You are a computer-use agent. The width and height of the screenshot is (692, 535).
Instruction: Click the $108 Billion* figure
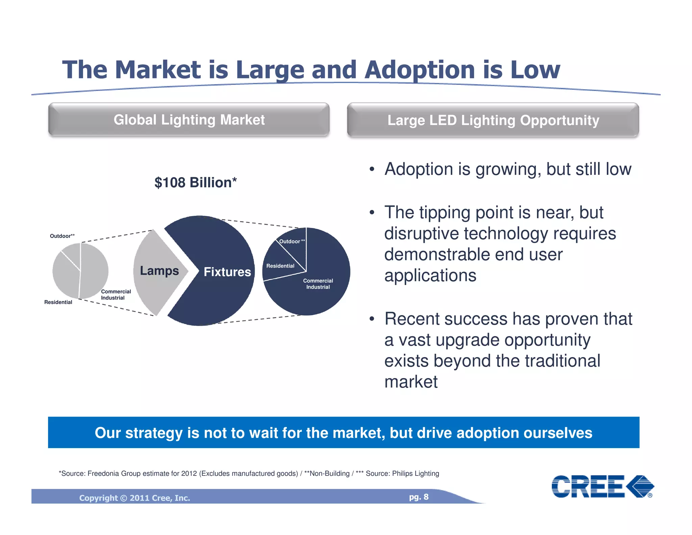(195, 183)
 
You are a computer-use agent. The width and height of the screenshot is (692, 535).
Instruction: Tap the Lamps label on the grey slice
(159, 271)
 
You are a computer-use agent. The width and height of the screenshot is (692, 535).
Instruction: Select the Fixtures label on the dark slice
(227, 272)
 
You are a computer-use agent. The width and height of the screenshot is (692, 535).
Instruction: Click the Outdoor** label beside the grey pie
(62, 236)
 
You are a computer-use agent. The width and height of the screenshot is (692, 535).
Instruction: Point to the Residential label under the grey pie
(58, 302)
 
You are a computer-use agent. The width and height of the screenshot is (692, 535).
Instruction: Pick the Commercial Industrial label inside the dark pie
(318, 284)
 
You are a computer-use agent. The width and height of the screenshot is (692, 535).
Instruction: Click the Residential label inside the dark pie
(280, 266)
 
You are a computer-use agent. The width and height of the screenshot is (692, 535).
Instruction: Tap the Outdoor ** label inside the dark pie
(292, 241)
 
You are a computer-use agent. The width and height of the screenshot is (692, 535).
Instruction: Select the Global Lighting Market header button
(189, 120)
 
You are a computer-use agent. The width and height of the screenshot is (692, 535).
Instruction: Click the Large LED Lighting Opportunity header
(493, 120)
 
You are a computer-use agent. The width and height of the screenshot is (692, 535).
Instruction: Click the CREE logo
(602, 486)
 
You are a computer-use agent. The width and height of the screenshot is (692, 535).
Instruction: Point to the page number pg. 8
(419, 497)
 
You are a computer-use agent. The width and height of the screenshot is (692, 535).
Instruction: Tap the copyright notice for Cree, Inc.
(134, 498)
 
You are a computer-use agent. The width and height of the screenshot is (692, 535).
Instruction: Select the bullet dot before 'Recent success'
(372, 319)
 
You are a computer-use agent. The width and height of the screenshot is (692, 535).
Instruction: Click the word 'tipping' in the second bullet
(444, 213)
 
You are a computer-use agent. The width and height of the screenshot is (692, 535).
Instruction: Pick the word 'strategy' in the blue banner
(154, 433)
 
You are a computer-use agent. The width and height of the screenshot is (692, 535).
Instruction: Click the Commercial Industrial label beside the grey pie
(116, 295)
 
